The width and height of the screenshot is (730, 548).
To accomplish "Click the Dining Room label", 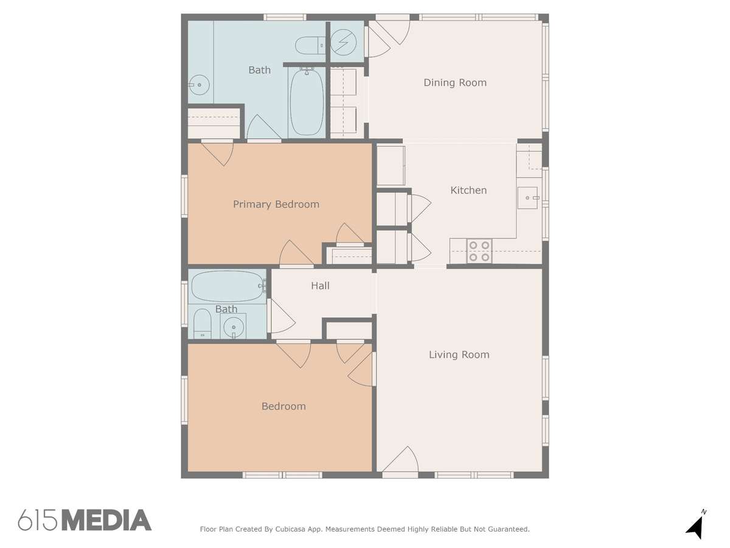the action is (x=454, y=83).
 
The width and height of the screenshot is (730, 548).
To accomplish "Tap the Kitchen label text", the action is (x=468, y=191).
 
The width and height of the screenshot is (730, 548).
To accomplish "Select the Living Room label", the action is (x=459, y=355).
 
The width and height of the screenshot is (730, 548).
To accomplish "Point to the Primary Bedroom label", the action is (x=276, y=205).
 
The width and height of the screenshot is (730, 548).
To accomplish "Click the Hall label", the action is (x=320, y=286).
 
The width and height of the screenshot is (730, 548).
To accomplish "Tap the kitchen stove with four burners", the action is (x=479, y=251).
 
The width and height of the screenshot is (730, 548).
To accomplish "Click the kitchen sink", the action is (x=528, y=198).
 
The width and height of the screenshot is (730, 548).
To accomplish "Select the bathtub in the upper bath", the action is (x=307, y=101).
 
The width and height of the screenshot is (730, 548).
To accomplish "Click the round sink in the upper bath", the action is (x=199, y=85).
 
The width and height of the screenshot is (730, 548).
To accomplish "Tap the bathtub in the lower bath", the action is (x=228, y=286).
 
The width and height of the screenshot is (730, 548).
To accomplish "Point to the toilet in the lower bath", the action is (x=202, y=323).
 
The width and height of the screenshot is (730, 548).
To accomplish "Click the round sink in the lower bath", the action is (x=234, y=327).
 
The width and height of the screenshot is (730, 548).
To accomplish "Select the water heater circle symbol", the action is (x=344, y=42).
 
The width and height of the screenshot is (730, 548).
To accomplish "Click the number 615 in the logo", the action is (x=38, y=520).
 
